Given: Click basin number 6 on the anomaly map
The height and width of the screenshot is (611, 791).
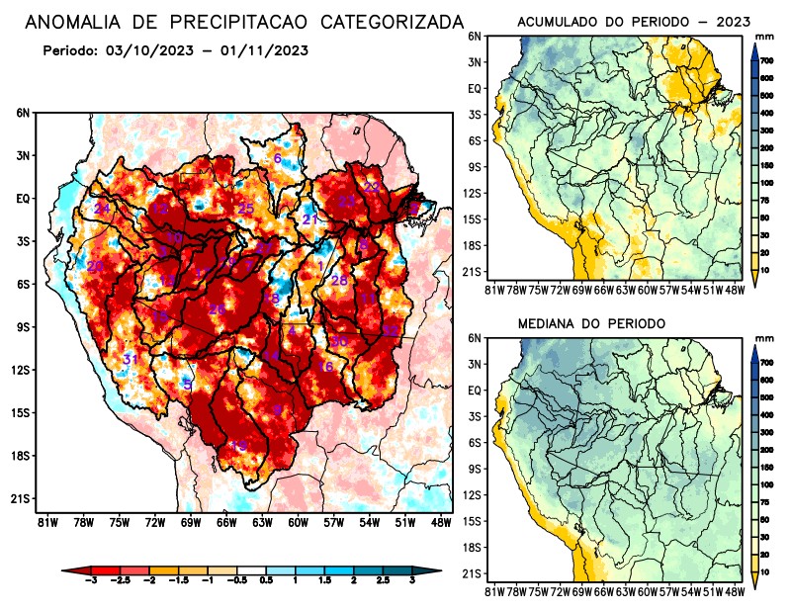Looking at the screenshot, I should coord(278,159).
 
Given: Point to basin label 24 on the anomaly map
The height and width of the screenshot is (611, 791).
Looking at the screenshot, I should coord(102,209).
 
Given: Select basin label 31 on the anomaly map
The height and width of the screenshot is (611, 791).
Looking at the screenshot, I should coord(129,359).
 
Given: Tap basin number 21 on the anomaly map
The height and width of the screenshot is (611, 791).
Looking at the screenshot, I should coord(310,219).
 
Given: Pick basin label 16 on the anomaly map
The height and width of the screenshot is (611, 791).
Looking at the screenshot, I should coord(325,367).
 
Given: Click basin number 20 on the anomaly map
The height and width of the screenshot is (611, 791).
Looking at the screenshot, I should coord(95,266).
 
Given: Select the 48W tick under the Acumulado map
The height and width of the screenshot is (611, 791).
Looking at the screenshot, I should coord(734,289).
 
